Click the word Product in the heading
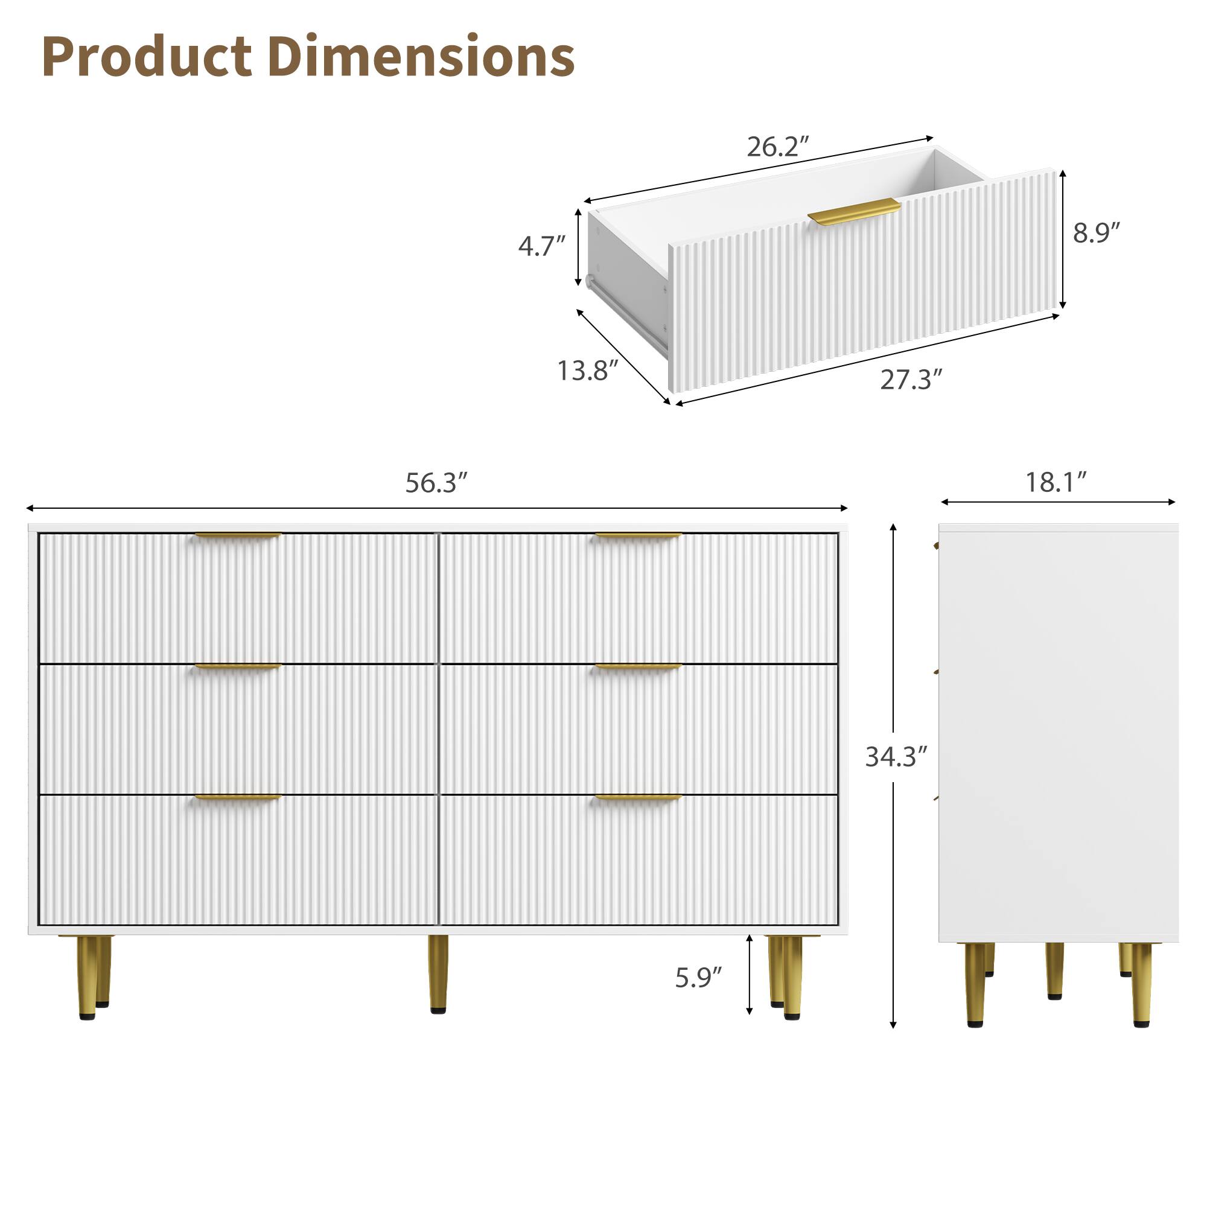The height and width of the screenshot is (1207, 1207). [x=147, y=57]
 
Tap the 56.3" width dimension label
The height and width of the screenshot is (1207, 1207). [x=436, y=483]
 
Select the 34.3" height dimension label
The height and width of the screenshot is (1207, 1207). [x=895, y=757]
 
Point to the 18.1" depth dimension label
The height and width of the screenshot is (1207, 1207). [x=1056, y=482]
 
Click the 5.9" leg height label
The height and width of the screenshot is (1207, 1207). [x=698, y=978]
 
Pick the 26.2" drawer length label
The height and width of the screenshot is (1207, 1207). [x=778, y=147]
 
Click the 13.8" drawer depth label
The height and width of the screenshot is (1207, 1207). [x=587, y=371]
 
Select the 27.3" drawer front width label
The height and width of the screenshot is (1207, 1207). [x=911, y=380]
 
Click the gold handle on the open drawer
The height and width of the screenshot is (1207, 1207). [x=853, y=211]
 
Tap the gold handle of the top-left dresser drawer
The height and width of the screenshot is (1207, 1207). [x=238, y=536]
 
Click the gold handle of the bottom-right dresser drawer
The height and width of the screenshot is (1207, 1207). [x=638, y=798]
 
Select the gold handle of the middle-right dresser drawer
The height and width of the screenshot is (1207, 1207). [x=638, y=667]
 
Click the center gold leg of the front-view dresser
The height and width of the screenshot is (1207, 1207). [x=438, y=972]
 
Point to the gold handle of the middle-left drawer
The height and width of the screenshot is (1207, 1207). [x=238, y=667]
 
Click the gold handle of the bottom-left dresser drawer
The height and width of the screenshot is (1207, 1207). [x=238, y=798]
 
